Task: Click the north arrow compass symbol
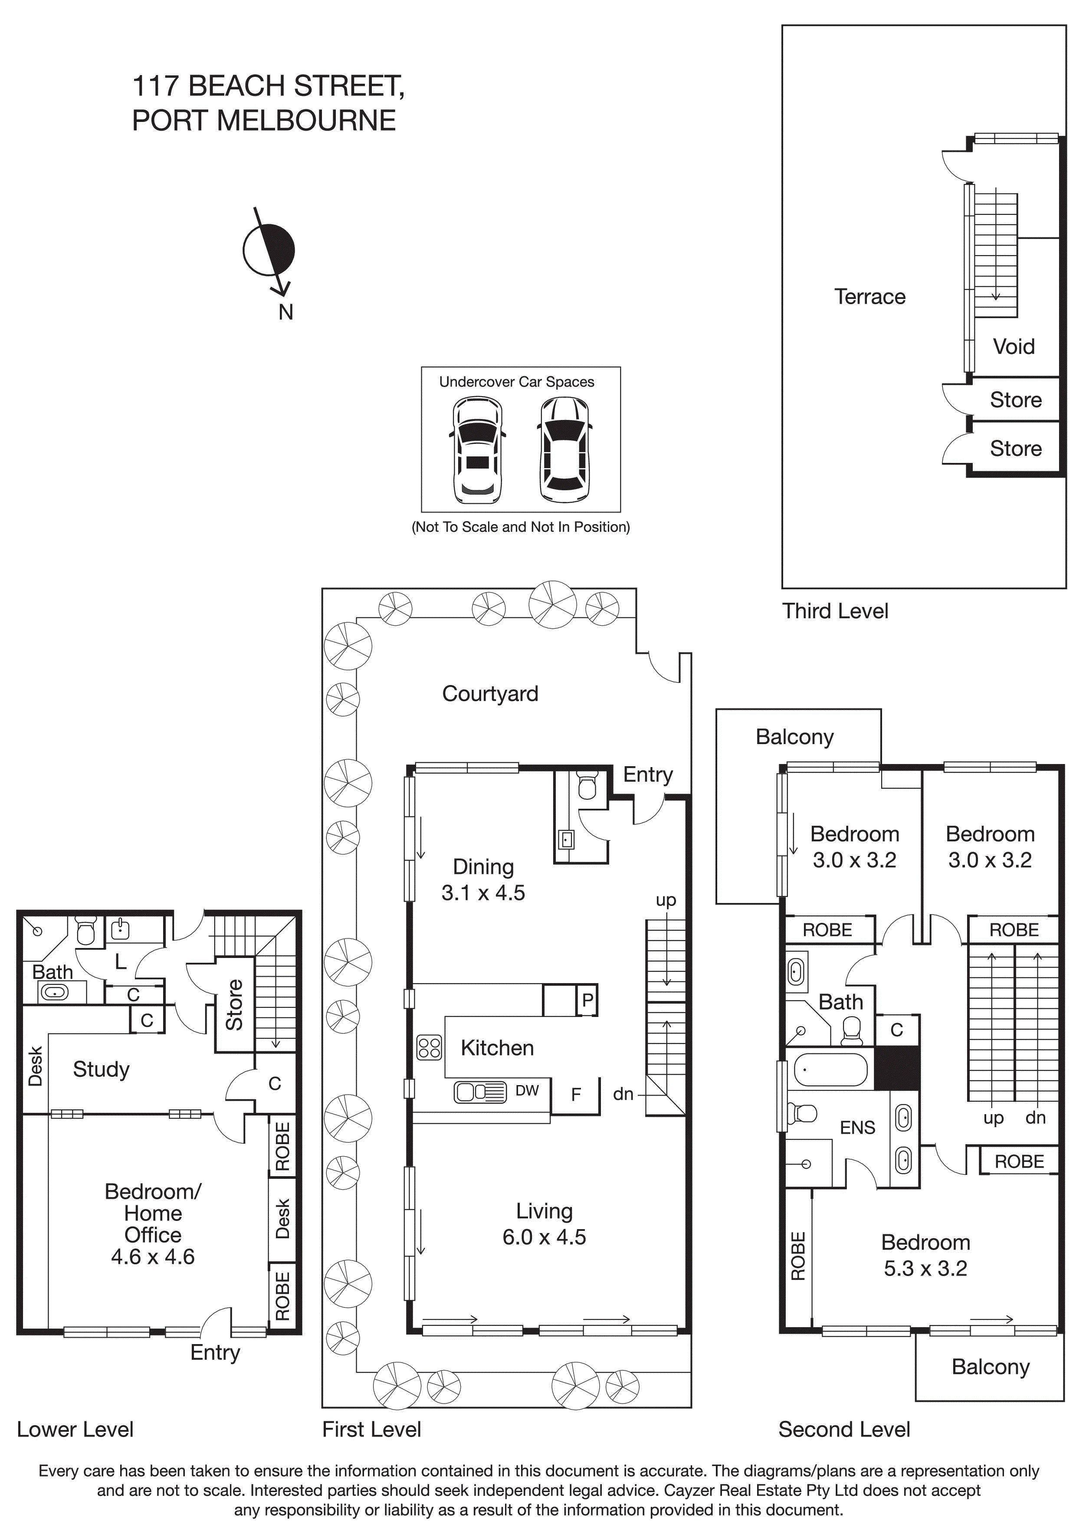pos(269,251)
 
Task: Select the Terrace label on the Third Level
pos(869,296)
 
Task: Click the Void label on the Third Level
pos(1013,346)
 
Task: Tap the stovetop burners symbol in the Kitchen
pos(429,1047)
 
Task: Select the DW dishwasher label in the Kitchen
pos(527,1090)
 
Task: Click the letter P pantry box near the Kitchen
pos(587,1000)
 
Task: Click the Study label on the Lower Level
pos(101,1069)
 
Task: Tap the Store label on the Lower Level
pos(234,1004)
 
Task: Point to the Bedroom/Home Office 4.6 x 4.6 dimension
pos(152,1257)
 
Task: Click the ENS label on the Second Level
pos(857,1128)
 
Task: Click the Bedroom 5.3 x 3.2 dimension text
pos(925,1268)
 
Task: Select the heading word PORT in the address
pos(170,121)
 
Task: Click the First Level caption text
pos(371,1429)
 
